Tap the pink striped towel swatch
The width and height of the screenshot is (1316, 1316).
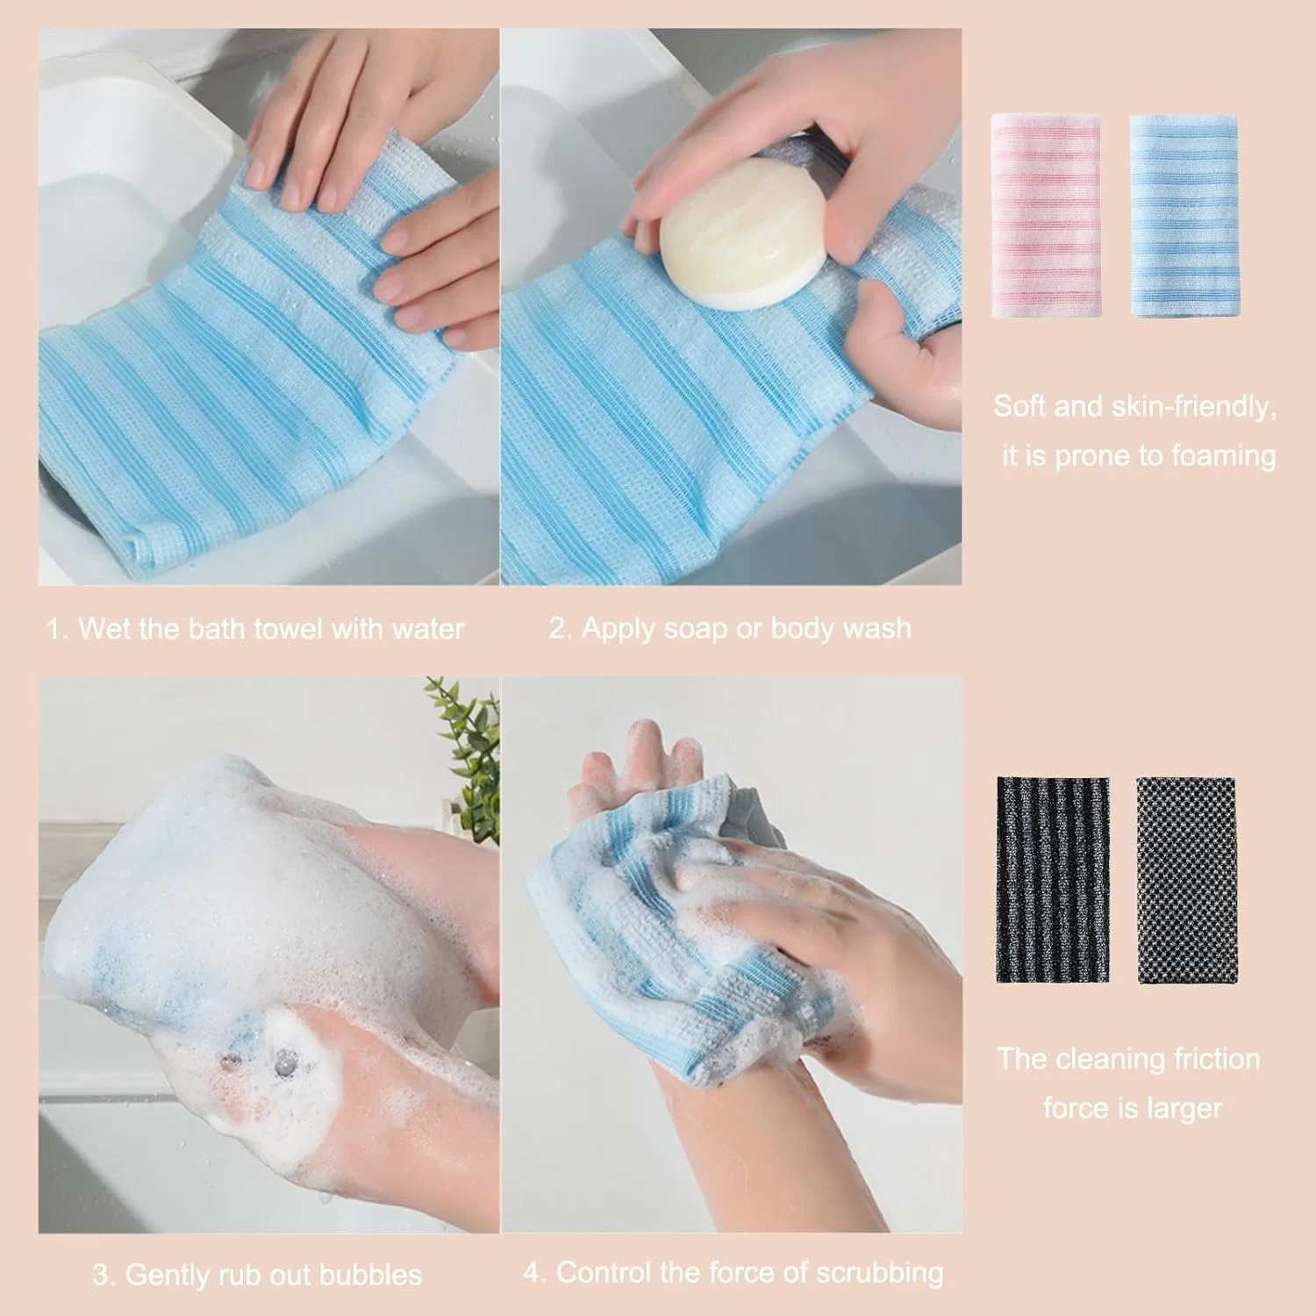point(1046,215)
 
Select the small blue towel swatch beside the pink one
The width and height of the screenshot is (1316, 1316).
point(1184,215)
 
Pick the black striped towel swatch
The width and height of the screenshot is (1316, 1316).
point(1053,880)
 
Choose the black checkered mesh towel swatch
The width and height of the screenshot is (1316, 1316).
point(1187,880)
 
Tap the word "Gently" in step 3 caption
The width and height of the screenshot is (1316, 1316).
point(171,1275)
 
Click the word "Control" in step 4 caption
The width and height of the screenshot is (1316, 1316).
point(609,1272)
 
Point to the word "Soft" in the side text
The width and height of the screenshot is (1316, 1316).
point(1019,406)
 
